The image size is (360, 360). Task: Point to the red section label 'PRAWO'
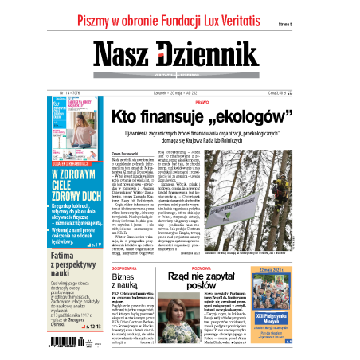tap(224, 102)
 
